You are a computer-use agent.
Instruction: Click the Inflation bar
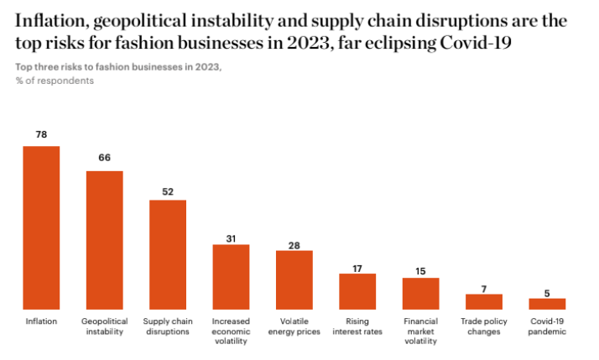click(x=41, y=227)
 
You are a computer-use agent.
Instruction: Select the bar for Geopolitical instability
click(x=105, y=240)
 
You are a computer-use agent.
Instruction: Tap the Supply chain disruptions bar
click(x=168, y=254)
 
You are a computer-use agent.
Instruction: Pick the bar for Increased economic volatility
click(x=231, y=277)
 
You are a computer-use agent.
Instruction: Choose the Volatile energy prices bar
click(x=294, y=279)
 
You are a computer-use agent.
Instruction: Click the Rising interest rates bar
click(x=357, y=291)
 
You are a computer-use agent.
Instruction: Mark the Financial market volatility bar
click(x=420, y=293)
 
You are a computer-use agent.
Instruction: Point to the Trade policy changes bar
click(x=484, y=301)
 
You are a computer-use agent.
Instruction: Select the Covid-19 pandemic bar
click(x=547, y=304)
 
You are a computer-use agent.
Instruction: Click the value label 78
click(x=41, y=134)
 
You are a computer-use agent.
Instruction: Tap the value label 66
click(x=105, y=158)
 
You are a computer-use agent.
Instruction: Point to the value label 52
click(x=168, y=191)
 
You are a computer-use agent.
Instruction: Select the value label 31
click(x=231, y=238)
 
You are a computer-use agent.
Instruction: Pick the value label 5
click(x=547, y=293)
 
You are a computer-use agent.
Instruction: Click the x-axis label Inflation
click(x=41, y=321)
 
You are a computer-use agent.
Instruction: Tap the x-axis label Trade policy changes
click(x=484, y=326)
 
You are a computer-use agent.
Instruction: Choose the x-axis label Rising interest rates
click(x=357, y=326)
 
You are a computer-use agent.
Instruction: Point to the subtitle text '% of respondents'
click(x=55, y=81)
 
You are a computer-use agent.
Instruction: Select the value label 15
click(x=420, y=270)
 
